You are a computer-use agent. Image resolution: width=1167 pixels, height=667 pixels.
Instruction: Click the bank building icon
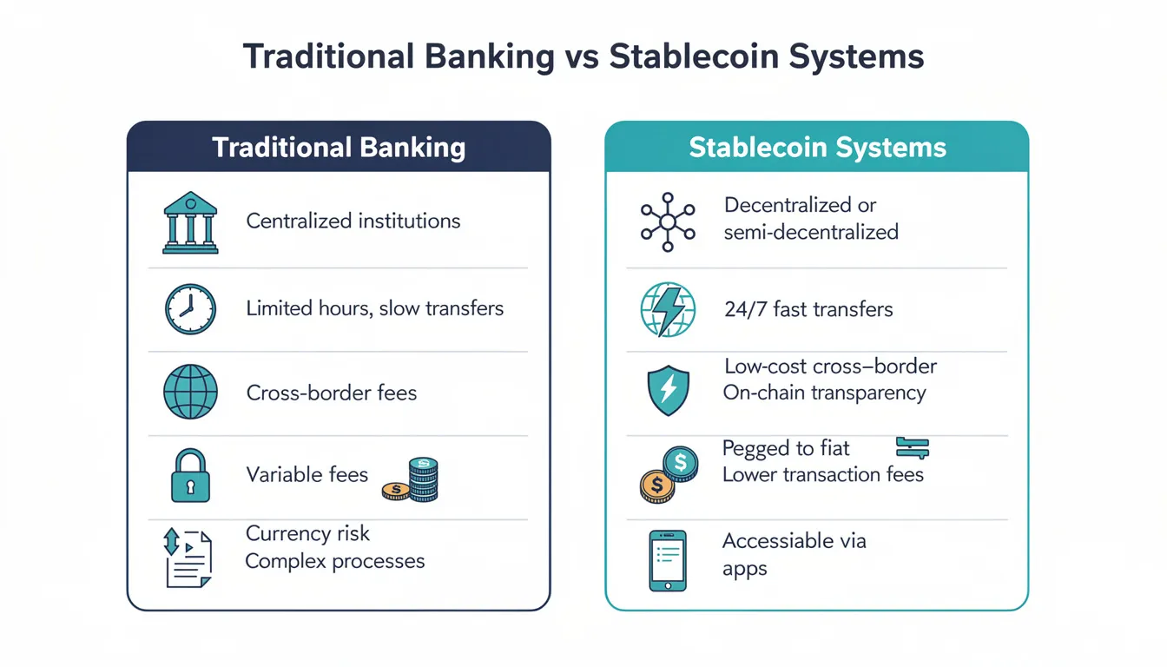click(x=189, y=222)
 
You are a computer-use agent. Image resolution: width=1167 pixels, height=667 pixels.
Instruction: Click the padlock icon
click(x=189, y=476)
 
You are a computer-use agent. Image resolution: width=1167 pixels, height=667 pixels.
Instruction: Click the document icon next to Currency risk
click(x=188, y=558)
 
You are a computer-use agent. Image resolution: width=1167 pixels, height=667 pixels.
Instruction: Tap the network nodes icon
click(x=667, y=221)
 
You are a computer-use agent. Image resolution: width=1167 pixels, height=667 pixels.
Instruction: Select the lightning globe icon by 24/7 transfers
click(x=667, y=310)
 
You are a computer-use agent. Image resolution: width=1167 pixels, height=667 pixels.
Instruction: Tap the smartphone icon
click(x=667, y=560)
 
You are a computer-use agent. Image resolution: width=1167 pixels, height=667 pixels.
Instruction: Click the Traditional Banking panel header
click(x=339, y=147)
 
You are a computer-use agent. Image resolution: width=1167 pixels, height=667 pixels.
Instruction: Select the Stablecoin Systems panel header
click(x=817, y=147)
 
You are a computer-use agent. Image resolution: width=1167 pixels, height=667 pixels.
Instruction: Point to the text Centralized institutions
click(x=353, y=221)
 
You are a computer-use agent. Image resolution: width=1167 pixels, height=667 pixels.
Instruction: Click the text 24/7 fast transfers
click(x=808, y=309)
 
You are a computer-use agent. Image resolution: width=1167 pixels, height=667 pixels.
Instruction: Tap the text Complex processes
click(x=335, y=561)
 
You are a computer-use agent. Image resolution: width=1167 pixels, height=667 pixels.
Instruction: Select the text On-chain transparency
click(x=824, y=393)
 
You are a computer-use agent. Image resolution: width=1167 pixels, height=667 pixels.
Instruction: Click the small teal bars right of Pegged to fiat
click(x=912, y=447)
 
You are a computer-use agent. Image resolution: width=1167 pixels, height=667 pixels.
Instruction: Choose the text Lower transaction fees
click(x=822, y=474)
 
